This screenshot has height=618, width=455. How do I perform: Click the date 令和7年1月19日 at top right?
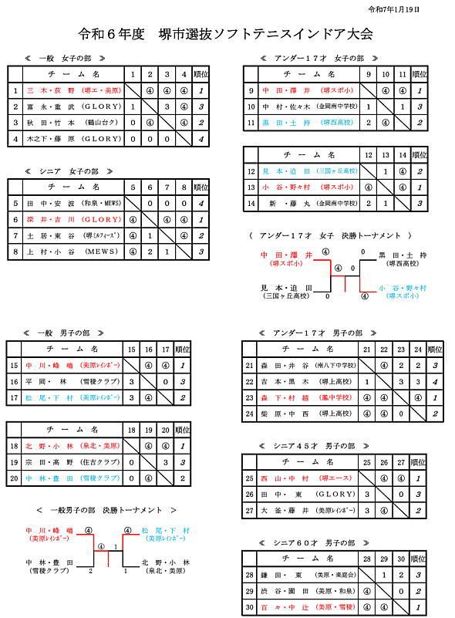(417, 9)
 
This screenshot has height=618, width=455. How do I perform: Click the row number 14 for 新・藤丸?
(251, 204)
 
